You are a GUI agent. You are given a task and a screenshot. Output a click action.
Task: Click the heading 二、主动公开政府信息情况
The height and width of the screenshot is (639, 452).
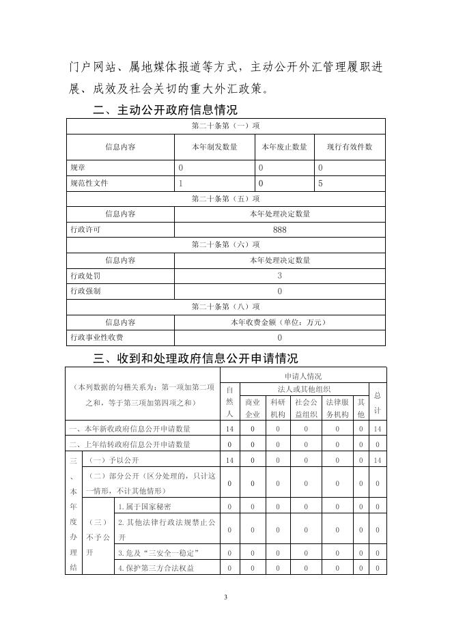(x=165, y=109)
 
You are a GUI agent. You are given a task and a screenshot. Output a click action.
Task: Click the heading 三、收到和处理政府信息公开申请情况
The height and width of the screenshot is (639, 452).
(x=195, y=358)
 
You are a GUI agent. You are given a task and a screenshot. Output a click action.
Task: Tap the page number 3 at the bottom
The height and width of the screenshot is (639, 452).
(x=226, y=598)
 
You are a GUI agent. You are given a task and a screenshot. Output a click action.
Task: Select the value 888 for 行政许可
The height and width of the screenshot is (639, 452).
(x=279, y=230)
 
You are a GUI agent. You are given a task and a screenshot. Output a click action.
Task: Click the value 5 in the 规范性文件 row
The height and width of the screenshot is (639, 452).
(x=320, y=184)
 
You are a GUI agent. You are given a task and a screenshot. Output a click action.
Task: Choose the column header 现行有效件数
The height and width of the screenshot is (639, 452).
(x=349, y=147)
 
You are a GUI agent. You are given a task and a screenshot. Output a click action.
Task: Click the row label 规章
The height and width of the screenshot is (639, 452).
(x=78, y=167)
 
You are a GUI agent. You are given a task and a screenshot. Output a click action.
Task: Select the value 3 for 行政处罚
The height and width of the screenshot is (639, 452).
(x=279, y=276)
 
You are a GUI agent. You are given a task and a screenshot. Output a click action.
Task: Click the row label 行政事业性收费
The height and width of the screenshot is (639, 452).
(x=97, y=337)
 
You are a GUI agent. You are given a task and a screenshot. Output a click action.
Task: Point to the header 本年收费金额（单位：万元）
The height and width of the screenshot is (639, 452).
(x=279, y=322)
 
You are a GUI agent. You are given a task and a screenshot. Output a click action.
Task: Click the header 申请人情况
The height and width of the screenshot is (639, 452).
(x=303, y=375)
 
